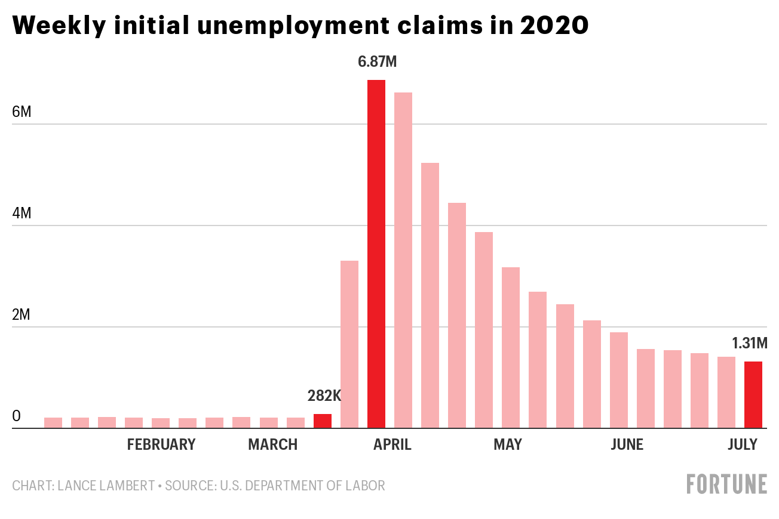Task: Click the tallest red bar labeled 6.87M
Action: click(x=376, y=254)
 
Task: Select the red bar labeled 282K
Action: click(x=323, y=421)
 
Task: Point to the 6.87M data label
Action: click(x=378, y=61)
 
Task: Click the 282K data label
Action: click(x=324, y=396)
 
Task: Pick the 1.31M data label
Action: click(x=749, y=344)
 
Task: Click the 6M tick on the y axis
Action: click(x=22, y=112)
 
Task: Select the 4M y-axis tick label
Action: click(x=22, y=214)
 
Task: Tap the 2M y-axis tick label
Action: click(x=22, y=315)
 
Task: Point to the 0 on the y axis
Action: click(x=16, y=416)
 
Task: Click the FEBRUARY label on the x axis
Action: click(x=161, y=444)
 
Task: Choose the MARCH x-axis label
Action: click(x=272, y=444)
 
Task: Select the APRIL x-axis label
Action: click(x=392, y=444)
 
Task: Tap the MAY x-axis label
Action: click(x=508, y=444)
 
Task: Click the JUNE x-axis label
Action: click(x=627, y=444)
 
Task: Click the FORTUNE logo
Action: click(x=726, y=484)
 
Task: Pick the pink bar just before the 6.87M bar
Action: click(x=349, y=344)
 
